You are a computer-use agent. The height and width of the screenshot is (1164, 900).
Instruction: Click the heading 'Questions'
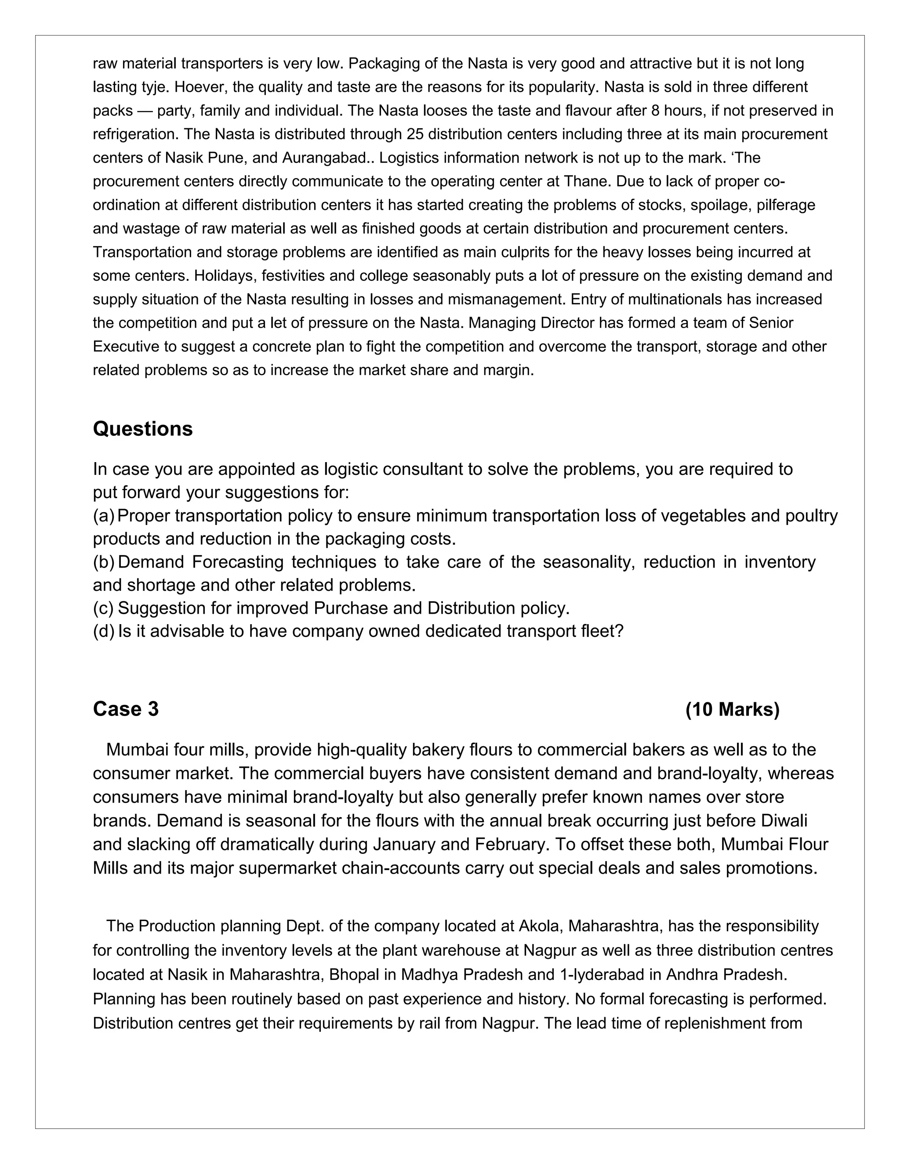[x=142, y=429]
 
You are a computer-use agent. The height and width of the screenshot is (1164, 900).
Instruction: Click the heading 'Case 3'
[x=125, y=709]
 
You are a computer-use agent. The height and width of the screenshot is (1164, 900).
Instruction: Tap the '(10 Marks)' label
[x=732, y=709]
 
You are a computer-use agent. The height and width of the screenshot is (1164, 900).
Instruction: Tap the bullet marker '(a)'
[x=103, y=516]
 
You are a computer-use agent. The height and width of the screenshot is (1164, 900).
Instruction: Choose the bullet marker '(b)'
[x=103, y=562]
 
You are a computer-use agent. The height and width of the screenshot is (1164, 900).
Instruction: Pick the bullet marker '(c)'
[x=103, y=607]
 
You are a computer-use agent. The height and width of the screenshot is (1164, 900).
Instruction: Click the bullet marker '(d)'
[x=103, y=631]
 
